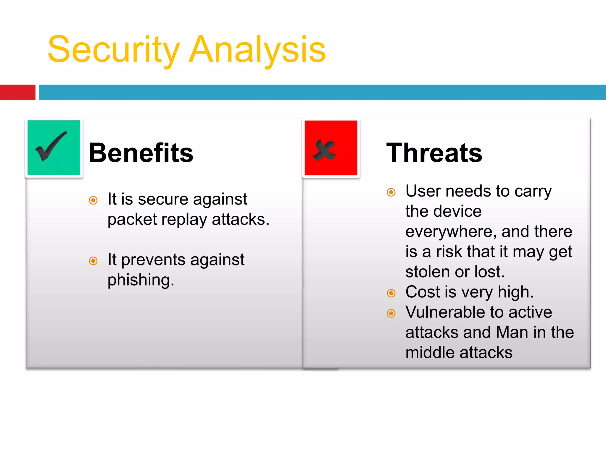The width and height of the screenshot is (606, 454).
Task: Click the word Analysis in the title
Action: [257, 50]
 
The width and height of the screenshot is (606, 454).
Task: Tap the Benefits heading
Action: [141, 153]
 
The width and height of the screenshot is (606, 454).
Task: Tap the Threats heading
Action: [434, 153]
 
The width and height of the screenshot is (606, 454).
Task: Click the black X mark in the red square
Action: [324, 150]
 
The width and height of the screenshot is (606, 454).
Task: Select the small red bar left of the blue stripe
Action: [17, 92]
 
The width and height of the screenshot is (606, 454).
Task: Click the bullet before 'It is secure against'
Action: [93, 200]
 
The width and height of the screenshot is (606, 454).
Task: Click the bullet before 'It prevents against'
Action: [93, 261]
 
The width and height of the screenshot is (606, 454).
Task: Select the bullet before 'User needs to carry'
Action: [391, 192]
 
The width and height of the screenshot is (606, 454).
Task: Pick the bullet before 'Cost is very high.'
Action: [391, 293]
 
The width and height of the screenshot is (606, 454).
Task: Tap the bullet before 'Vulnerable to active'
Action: [391, 313]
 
